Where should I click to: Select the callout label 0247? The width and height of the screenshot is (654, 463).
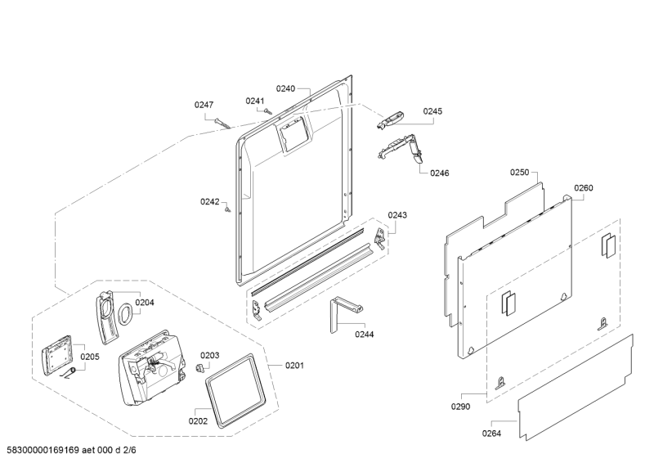tap(204, 105)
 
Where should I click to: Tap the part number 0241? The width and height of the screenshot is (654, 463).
tap(256, 101)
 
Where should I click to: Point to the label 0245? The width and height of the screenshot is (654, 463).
tap(432, 111)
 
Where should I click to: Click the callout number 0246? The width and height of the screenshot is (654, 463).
tap(439, 173)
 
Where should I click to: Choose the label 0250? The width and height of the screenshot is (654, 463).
tap(520, 173)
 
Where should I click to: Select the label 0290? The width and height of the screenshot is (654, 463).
tap(461, 406)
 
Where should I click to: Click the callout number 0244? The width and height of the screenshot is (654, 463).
tap(365, 334)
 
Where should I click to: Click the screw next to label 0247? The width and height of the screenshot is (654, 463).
tap(222, 123)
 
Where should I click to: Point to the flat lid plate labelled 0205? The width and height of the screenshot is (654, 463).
tap(57, 353)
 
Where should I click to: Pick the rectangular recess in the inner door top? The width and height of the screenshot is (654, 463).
tap(293, 133)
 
